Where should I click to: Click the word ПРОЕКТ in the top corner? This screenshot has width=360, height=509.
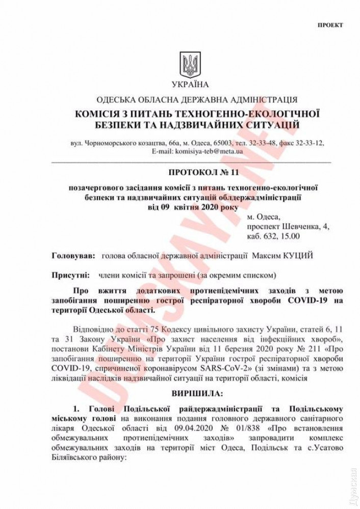[x=330, y=24]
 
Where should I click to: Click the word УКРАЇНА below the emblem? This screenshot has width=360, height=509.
[x=190, y=84]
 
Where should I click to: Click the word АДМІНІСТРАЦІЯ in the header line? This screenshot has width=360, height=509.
[x=258, y=100]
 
